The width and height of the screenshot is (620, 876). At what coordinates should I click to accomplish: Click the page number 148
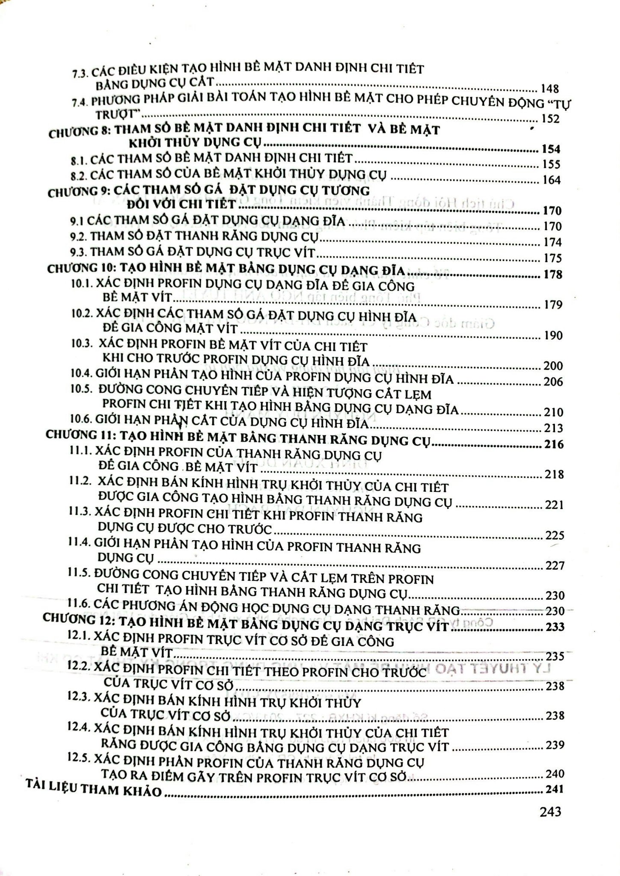click(549, 89)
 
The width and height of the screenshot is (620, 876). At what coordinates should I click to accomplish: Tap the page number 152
click(550, 119)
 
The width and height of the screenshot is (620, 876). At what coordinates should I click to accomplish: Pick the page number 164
click(551, 180)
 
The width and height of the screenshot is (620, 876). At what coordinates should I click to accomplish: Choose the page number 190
click(552, 335)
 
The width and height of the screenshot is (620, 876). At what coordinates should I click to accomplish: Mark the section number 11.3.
click(79, 512)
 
